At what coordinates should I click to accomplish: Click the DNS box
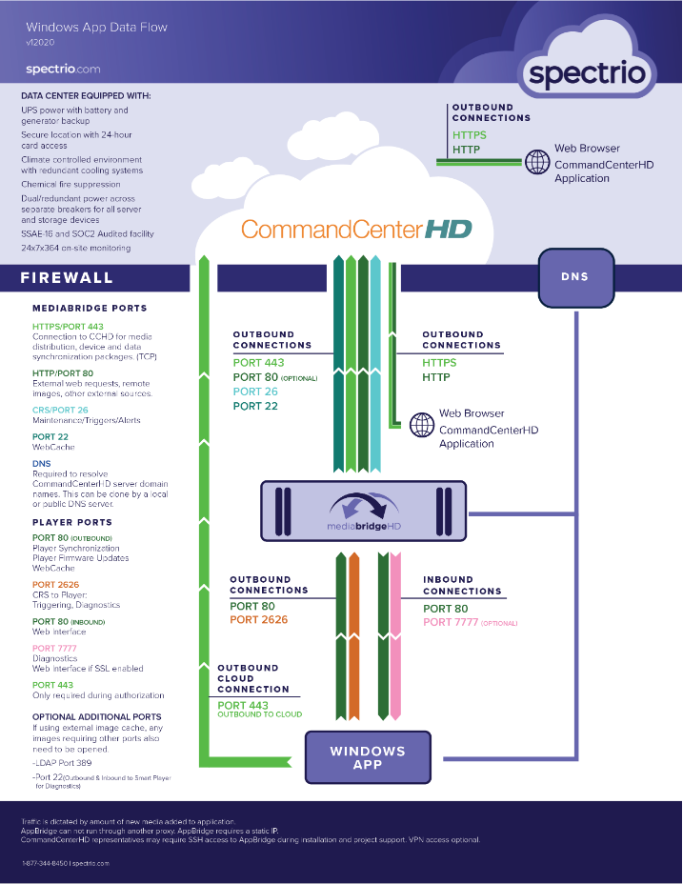tap(574, 277)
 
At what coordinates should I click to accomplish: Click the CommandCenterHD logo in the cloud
tap(356, 230)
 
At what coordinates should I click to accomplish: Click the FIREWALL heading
tap(68, 278)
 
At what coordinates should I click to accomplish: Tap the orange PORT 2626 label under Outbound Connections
tap(258, 620)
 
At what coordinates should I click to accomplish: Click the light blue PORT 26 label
tap(254, 392)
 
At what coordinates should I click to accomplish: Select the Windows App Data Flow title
tap(97, 28)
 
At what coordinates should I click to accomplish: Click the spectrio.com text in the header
tap(63, 69)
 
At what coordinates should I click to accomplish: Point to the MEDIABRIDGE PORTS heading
tap(90, 309)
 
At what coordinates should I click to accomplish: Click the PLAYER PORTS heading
tap(72, 523)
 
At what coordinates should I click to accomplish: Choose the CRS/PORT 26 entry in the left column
tap(60, 410)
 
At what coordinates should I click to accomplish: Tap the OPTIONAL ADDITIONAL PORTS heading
tap(97, 716)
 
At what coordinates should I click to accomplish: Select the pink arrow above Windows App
tap(395, 638)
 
